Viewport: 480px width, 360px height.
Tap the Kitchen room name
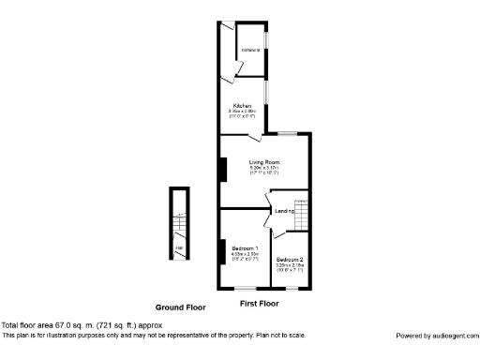[x=242, y=105]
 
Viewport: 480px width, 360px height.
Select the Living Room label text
[x=263, y=162]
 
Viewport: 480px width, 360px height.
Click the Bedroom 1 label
[x=245, y=247]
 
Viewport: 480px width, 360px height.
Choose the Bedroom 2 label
[x=289, y=259]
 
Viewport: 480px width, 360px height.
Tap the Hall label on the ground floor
[x=178, y=247]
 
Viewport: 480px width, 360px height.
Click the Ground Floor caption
[x=181, y=307]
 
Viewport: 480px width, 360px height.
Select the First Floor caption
[x=262, y=305]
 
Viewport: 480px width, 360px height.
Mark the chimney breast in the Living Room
[x=222, y=170]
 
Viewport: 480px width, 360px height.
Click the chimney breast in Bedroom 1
[x=222, y=253]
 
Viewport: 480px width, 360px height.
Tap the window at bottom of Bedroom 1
[x=246, y=288]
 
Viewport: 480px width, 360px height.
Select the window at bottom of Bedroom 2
[x=290, y=288]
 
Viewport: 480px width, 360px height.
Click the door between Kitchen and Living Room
[x=253, y=138]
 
